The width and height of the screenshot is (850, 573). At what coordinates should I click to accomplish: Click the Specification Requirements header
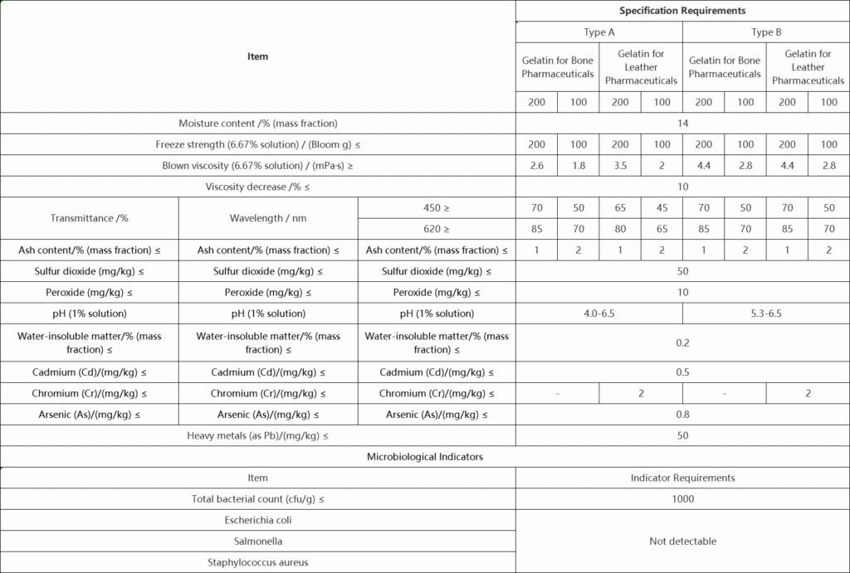[x=682, y=11]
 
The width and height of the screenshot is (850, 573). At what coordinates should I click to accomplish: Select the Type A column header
[x=598, y=32]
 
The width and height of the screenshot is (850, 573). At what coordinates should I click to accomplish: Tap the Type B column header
[x=766, y=32]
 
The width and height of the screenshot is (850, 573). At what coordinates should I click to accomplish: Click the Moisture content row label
[x=258, y=124]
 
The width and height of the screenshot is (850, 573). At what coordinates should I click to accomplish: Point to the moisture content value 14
[x=682, y=124]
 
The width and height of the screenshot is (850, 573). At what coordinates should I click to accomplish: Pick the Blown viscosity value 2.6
[x=536, y=166]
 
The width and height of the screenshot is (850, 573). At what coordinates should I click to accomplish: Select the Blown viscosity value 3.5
[x=620, y=166]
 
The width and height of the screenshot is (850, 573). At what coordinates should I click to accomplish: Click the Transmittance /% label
[x=90, y=218]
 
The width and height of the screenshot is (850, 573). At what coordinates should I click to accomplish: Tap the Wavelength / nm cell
[x=268, y=218]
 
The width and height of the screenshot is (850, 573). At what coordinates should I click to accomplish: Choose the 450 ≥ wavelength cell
[x=437, y=207]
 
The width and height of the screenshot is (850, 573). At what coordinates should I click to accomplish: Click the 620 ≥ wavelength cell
[x=437, y=229]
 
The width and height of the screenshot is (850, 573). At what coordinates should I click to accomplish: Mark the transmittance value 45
[x=662, y=207]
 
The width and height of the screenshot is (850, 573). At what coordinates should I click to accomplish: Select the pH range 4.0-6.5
[x=598, y=313]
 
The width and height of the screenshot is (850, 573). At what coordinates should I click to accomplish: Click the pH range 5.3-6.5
[x=766, y=313]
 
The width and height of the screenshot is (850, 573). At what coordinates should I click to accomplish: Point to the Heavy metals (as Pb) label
[x=258, y=435]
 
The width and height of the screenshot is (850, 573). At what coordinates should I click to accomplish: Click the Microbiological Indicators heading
[x=425, y=457]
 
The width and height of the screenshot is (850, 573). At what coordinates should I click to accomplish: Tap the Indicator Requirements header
[x=682, y=478]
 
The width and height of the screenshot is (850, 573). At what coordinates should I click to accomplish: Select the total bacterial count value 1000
[x=682, y=499]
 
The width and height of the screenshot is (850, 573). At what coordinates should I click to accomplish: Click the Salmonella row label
[x=258, y=541]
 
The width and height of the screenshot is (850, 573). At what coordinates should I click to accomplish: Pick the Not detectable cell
[x=682, y=541]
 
